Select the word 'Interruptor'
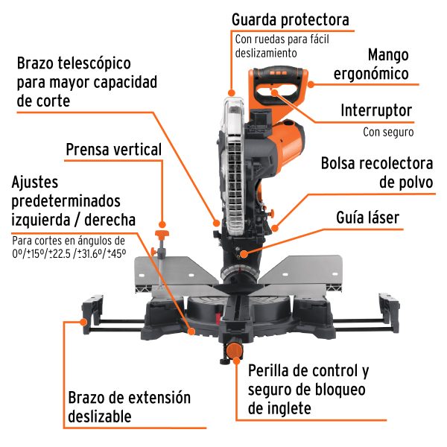pyautogui.click(x=376, y=110)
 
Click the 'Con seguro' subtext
pyautogui.click(x=388, y=132)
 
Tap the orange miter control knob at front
pyautogui.click(x=235, y=349)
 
